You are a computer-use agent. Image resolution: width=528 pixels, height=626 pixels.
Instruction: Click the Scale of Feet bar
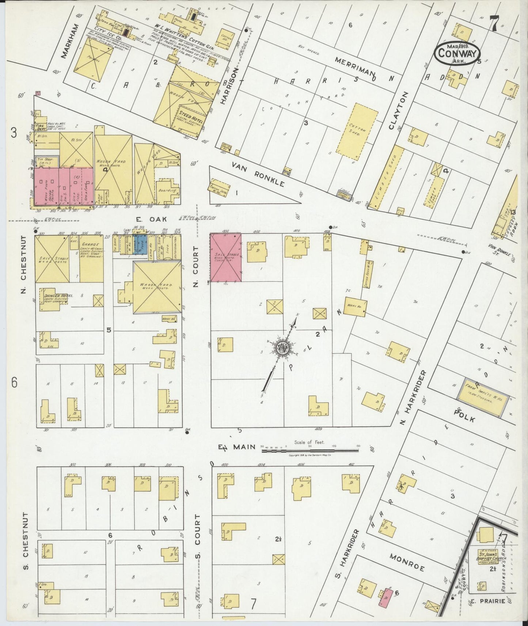pyautogui.click(x=310, y=451)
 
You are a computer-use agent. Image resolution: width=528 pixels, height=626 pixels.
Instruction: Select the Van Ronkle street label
pyautogui.click(x=257, y=175)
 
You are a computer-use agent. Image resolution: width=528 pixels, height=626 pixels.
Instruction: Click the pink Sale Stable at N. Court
pyautogui.click(x=225, y=257)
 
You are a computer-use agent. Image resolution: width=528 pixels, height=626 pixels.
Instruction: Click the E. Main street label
pyautogui.click(x=236, y=446)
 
